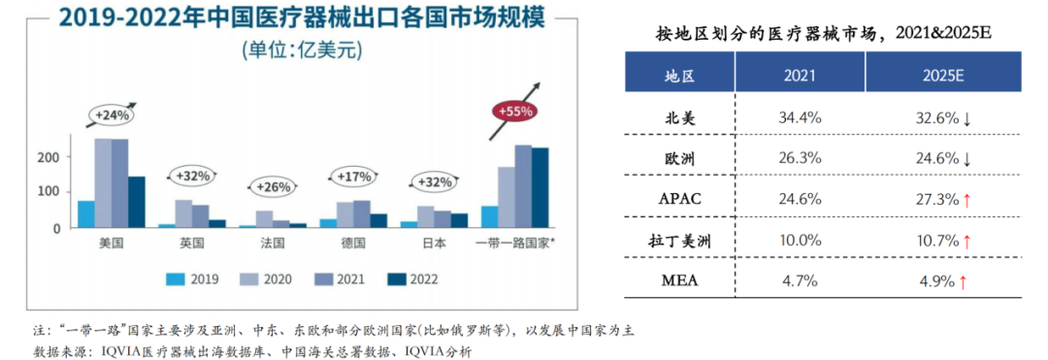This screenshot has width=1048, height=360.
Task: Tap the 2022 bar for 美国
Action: (x=136, y=202)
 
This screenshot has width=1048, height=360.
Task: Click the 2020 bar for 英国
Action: (x=183, y=213)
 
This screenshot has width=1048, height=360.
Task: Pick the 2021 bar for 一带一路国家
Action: (x=523, y=186)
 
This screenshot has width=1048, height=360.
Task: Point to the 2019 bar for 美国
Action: (x=86, y=214)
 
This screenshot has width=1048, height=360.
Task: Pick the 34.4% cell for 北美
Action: (x=800, y=116)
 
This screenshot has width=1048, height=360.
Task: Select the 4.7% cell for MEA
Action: (x=800, y=282)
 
